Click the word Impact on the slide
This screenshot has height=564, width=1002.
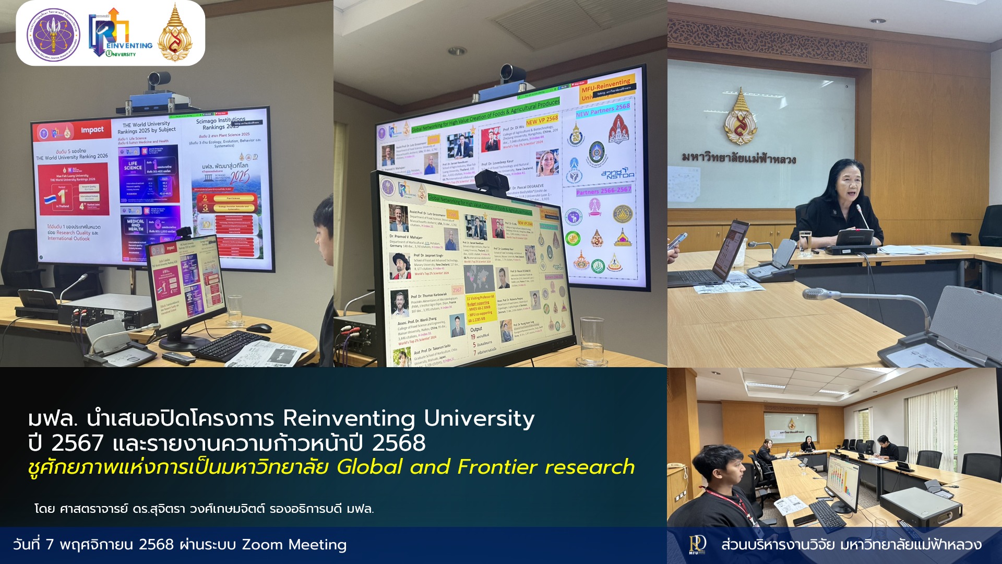tap(92, 130)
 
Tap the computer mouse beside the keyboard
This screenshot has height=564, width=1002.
tap(259, 328)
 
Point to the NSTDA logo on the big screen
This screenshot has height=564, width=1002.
tap(617, 174)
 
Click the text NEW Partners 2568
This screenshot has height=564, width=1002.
tap(603, 110)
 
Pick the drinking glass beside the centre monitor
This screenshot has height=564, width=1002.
tap(592, 342)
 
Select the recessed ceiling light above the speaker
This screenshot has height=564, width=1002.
tap(877, 21)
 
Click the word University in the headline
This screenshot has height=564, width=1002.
tap(479, 418)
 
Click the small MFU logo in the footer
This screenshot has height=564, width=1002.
tap(697, 545)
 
